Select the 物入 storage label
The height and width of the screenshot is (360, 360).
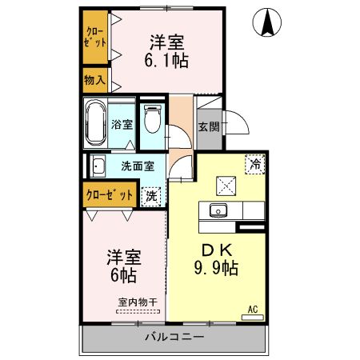click(x=96, y=81)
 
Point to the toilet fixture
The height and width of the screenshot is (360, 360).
click(x=152, y=120)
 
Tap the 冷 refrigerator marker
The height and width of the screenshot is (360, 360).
click(x=254, y=164)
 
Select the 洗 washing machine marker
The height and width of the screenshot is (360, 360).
click(x=151, y=194)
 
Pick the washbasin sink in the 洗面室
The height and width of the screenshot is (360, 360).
click(x=98, y=167)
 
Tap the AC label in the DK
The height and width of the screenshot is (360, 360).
click(x=252, y=309)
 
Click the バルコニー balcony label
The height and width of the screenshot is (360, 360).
click(x=174, y=337)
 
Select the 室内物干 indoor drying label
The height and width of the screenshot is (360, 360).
click(x=137, y=302)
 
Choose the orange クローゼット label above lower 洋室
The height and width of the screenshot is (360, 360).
click(x=109, y=194)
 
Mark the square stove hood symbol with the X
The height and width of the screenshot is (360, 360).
click(x=226, y=185)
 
